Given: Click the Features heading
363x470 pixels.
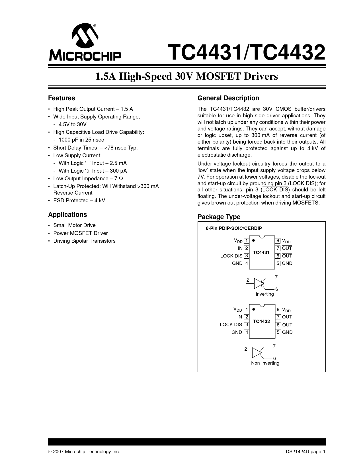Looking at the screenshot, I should pos(61,98).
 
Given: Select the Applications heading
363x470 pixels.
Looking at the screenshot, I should pos(67,215).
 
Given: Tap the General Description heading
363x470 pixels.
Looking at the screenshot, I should pos(228,98).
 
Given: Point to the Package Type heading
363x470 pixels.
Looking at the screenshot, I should pos(219,217).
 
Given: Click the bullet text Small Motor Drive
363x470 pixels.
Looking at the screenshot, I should pos(74,225).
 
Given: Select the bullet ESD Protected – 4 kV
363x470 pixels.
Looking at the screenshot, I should pos(79,201).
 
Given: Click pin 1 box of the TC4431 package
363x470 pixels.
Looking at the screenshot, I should pos(247,241).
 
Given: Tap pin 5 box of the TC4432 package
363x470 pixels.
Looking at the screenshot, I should pos(278,332).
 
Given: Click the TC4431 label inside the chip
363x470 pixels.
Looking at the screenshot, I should pos(261,252).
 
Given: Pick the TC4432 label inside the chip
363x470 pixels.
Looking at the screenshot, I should pos(261,321).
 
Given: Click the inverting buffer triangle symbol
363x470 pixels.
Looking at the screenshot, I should pos(258,283).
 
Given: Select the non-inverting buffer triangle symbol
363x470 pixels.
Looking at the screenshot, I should pos(257,352).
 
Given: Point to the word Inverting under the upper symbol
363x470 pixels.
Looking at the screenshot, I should pos(264,294).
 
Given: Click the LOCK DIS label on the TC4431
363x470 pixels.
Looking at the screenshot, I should pos(231,256).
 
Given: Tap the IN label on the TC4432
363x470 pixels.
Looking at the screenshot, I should pos(239,317).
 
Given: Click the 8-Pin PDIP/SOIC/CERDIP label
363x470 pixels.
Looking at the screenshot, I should pos(234,228).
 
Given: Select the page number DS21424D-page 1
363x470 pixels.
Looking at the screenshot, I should pos(305,452).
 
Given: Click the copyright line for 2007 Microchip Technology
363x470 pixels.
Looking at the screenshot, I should pos(84,452).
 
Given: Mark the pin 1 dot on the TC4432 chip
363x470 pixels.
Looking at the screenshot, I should pos(254,309).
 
